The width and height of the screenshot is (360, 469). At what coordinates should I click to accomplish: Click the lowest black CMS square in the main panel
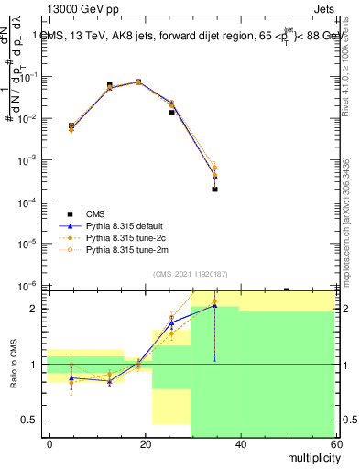[x=214, y=189]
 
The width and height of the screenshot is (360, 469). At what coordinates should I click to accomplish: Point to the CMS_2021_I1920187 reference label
[x=190, y=274]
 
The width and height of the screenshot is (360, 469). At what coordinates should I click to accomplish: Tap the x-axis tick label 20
[x=145, y=443]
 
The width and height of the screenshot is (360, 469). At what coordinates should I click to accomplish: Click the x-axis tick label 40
[x=240, y=443]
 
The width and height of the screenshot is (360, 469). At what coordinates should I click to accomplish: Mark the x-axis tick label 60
[x=335, y=443]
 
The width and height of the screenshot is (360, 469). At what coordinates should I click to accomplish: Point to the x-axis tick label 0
[x=49, y=443]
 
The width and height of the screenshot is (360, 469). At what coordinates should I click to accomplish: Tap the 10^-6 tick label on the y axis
[x=29, y=285]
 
